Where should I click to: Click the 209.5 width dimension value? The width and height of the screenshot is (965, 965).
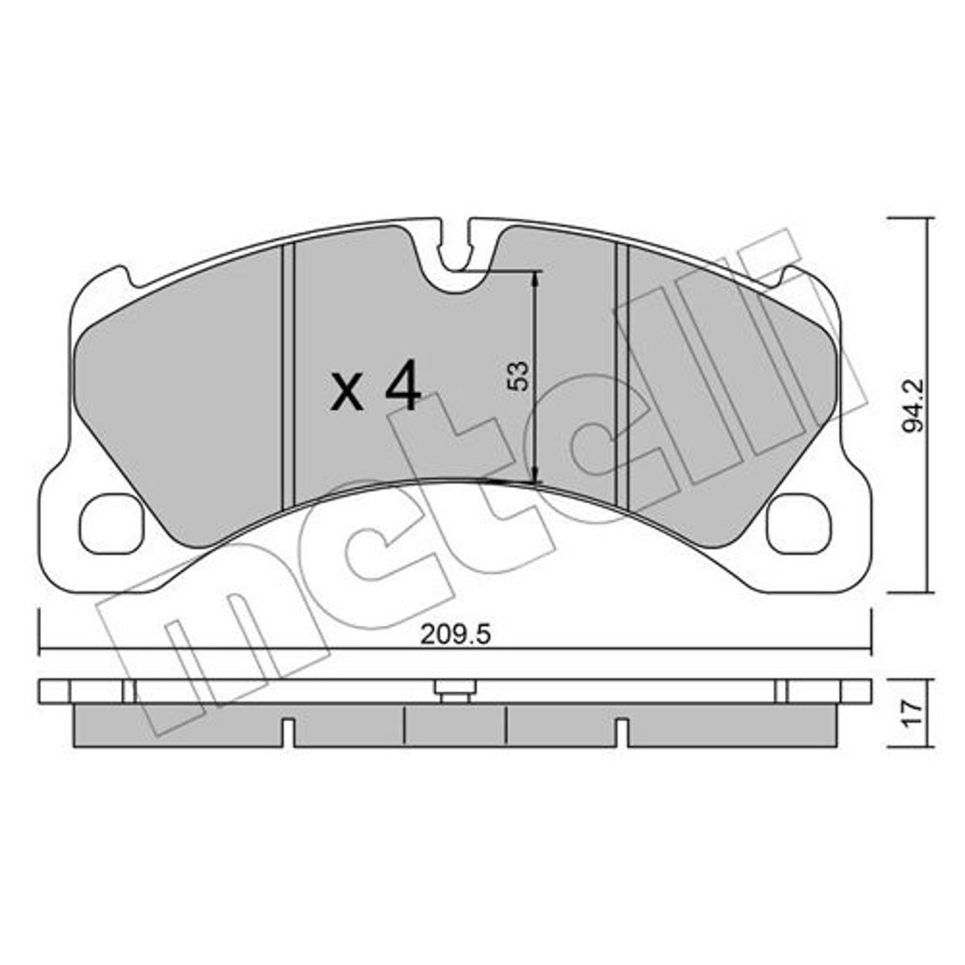pyautogui.click(x=456, y=634)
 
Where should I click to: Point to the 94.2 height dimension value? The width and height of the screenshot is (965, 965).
pyautogui.click(x=915, y=406)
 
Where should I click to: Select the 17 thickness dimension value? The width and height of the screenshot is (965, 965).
pyautogui.click(x=914, y=713)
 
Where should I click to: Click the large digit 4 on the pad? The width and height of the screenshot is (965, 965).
pyautogui.click(x=402, y=386)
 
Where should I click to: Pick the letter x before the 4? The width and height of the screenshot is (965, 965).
pyautogui.click(x=347, y=393)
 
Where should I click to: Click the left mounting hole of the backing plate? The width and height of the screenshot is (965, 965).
pyautogui.click(x=112, y=524)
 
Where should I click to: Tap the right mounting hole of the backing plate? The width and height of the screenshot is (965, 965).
pyautogui.click(x=798, y=524)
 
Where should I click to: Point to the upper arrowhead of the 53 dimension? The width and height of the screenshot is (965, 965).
pyautogui.click(x=534, y=279)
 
